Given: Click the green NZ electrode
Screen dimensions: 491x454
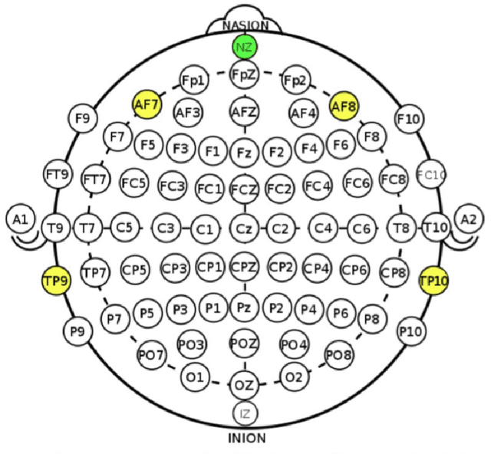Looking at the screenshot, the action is (245, 48).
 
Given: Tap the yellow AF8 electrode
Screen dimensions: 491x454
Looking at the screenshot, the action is (344, 106).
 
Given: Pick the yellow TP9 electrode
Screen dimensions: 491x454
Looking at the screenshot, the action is (55, 281).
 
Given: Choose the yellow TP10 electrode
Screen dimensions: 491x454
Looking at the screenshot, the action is (433, 281).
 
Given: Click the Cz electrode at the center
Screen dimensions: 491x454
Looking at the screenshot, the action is (245, 228).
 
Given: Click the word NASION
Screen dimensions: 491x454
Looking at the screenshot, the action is (245, 25).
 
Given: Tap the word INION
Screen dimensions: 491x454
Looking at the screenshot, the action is (245, 439).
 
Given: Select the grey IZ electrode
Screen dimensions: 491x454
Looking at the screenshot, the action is (245, 414).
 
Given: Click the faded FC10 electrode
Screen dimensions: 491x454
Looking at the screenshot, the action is (431, 175).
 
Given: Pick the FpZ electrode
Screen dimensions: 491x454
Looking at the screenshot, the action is (245, 75).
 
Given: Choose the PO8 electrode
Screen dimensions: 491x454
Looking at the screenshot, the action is (338, 354).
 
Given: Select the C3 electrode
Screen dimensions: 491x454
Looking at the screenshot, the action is (165, 228).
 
